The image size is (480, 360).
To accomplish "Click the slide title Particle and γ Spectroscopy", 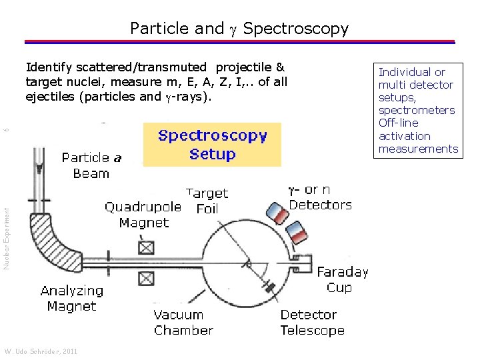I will point(239,29).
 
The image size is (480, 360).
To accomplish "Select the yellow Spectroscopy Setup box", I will point(212,145).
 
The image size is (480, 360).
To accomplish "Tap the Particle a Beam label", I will point(91,165).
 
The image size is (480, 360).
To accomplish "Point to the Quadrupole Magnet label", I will point(143,215).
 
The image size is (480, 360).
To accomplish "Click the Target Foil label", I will point(207,201).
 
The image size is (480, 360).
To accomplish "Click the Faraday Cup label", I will point(343,279).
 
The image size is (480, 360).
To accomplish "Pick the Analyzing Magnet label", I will point(72,299).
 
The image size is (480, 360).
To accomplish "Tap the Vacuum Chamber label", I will point(183,322).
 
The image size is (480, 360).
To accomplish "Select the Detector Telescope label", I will point(313,322).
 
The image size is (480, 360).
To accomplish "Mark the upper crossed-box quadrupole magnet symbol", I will point(146,247).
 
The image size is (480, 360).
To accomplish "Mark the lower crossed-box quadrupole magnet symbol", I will point(146,278).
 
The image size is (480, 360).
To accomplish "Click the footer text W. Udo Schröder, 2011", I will point(41,351).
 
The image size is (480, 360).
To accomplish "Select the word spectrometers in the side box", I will point(417,110).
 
